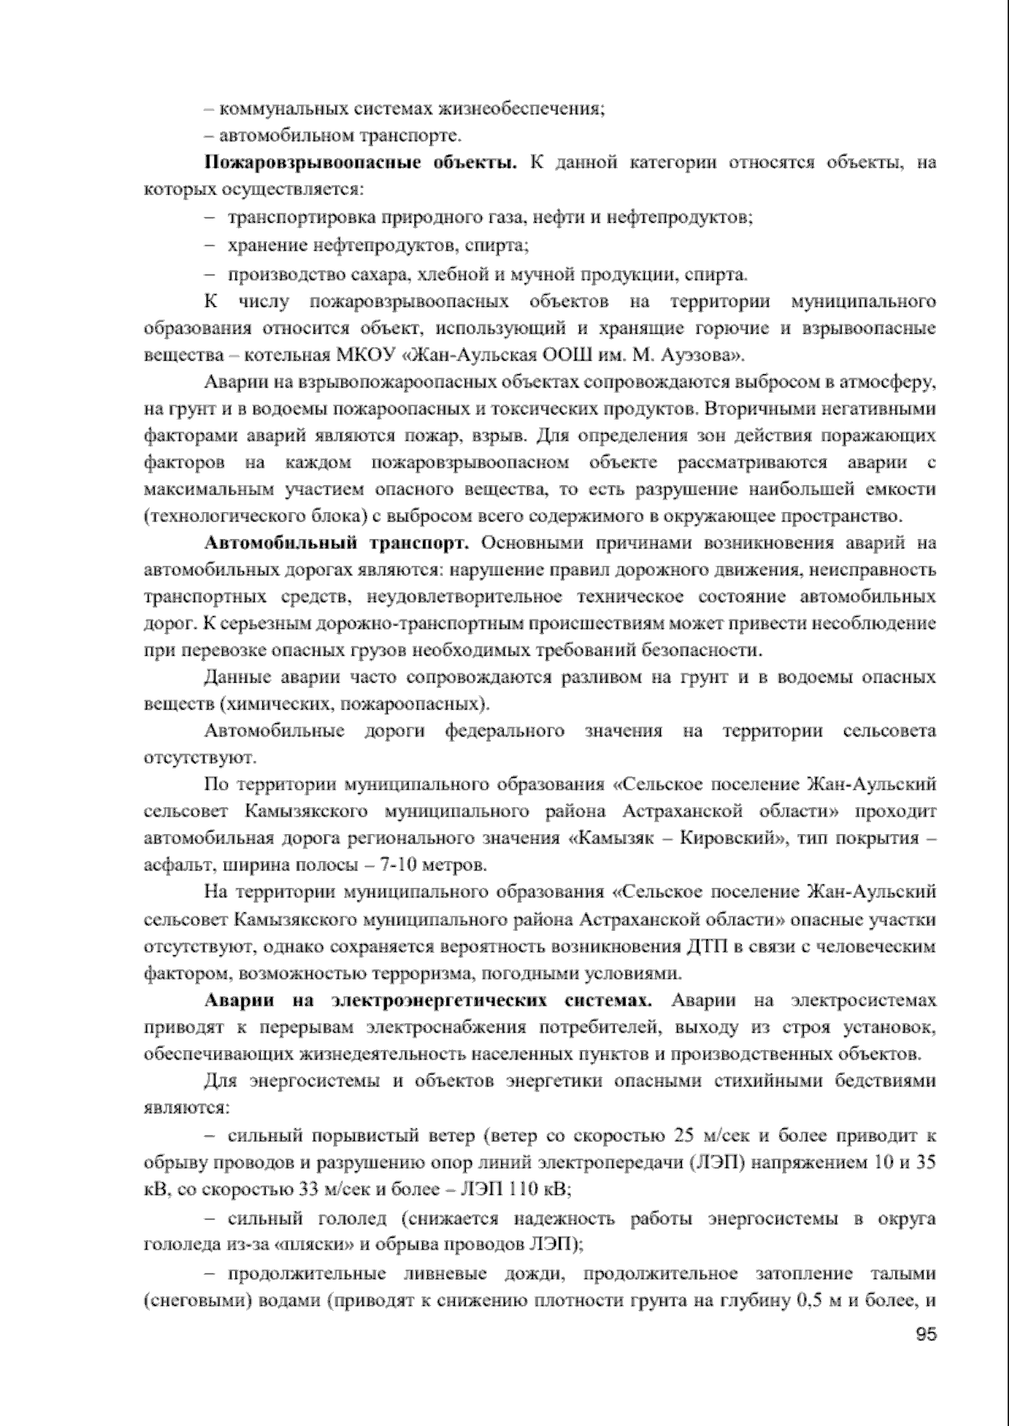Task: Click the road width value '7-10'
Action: (x=382, y=865)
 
